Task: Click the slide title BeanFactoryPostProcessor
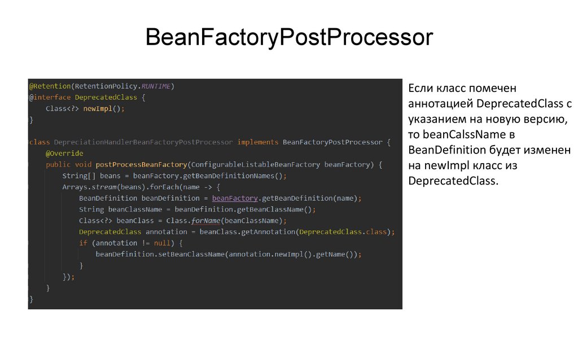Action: coord(288,38)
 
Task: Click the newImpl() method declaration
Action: coord(101,109)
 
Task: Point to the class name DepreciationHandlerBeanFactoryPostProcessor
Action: coord(143,142)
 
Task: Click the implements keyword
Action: coord(258,142)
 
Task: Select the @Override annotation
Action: coord(64,153)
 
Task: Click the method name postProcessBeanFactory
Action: coord(141,165)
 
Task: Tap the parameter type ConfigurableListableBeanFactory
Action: coord(256,165)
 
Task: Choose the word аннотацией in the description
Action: coord(441,104)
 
